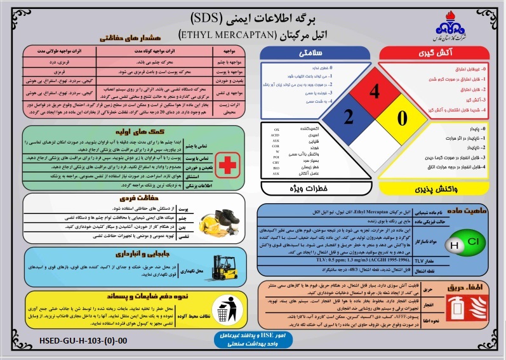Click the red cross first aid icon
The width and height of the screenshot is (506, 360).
click(x=225, y=166)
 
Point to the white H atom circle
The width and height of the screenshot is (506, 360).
click(x=454, y=245)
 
